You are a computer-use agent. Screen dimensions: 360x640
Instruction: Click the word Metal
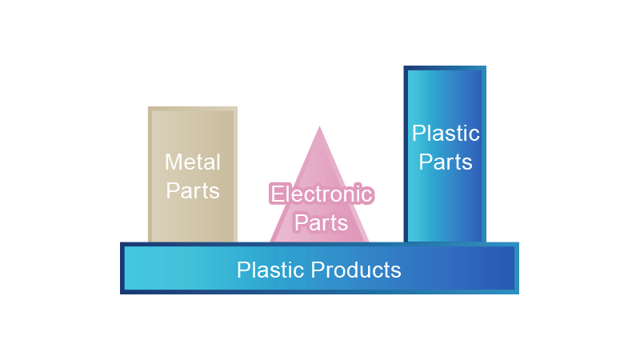pos(192,162)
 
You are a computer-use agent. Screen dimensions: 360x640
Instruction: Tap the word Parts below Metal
pos(192,191)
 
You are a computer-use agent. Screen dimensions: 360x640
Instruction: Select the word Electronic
pos(321,194)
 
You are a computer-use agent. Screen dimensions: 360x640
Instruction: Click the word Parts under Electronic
pos(321,222)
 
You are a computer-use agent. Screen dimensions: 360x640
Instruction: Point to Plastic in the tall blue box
pos(446,133)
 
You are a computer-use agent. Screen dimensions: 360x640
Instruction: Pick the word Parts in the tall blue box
pos(446,162)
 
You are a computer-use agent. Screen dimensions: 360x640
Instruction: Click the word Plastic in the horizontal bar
pos(270,270)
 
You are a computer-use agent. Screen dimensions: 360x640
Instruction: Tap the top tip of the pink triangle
pos(319,126)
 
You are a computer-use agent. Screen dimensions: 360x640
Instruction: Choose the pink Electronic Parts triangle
pos(319,168)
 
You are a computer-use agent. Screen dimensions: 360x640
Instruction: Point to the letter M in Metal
pos(173,162)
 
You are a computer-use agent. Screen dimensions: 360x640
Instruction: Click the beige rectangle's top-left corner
pos(148,106)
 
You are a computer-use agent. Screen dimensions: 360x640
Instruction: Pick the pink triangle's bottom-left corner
pos(270,241)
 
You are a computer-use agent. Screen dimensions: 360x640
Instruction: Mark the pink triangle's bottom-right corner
pos(370,241)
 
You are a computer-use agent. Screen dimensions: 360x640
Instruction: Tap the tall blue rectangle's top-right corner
pos(486,67)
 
